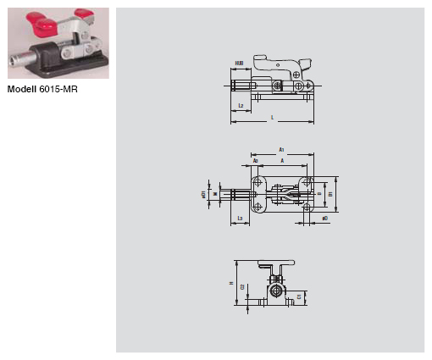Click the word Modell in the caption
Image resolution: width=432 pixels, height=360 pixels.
coord(23,88)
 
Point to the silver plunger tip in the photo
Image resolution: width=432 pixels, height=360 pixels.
coord(16,61)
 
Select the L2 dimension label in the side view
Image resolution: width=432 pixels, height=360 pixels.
coord(241,106)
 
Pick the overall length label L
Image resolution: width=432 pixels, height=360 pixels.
coord(272,117)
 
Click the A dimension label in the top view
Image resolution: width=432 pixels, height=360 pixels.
coord(282,160)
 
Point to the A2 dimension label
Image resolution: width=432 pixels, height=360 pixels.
coord(255,160)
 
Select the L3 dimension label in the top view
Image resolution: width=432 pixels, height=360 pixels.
coord(241,219)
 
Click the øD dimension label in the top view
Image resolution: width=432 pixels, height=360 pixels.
coord(325,219)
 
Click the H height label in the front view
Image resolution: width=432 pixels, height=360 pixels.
coord(230,284)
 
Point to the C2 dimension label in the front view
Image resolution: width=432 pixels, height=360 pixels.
coord(242,287)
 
